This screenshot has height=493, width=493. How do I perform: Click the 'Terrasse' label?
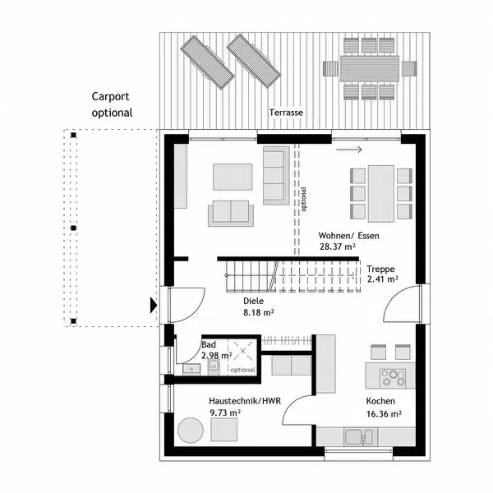click(x=285, y=113)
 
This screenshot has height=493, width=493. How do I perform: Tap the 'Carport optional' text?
click(x=112, y=104)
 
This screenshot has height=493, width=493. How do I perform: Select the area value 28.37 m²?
click(x=337, y=246)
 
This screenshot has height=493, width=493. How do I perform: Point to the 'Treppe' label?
click(x=380, y=268)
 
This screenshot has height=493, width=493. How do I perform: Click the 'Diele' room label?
click(x=255, y=301)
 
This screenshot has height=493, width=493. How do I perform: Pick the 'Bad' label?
click(x=210, y=345)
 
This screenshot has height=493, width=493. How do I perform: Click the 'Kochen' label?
click(x=380, y=401)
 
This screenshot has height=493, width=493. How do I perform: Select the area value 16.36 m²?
click(x=384, y=413)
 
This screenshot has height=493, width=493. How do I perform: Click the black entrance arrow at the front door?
click(x=152, y=306)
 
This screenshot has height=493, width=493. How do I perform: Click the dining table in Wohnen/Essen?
click(x=380, y=193)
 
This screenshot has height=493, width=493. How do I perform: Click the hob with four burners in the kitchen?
click(x=393, y=377)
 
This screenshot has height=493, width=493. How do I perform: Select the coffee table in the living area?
click(x=233, y=176)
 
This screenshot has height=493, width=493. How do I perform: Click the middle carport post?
click(x=73, y=228)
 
